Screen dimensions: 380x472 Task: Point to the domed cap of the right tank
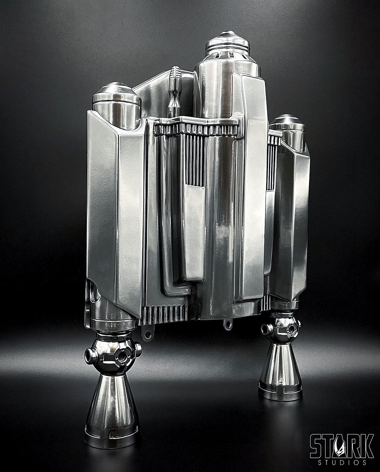(287, 122)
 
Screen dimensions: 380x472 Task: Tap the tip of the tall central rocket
(228, 33)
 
